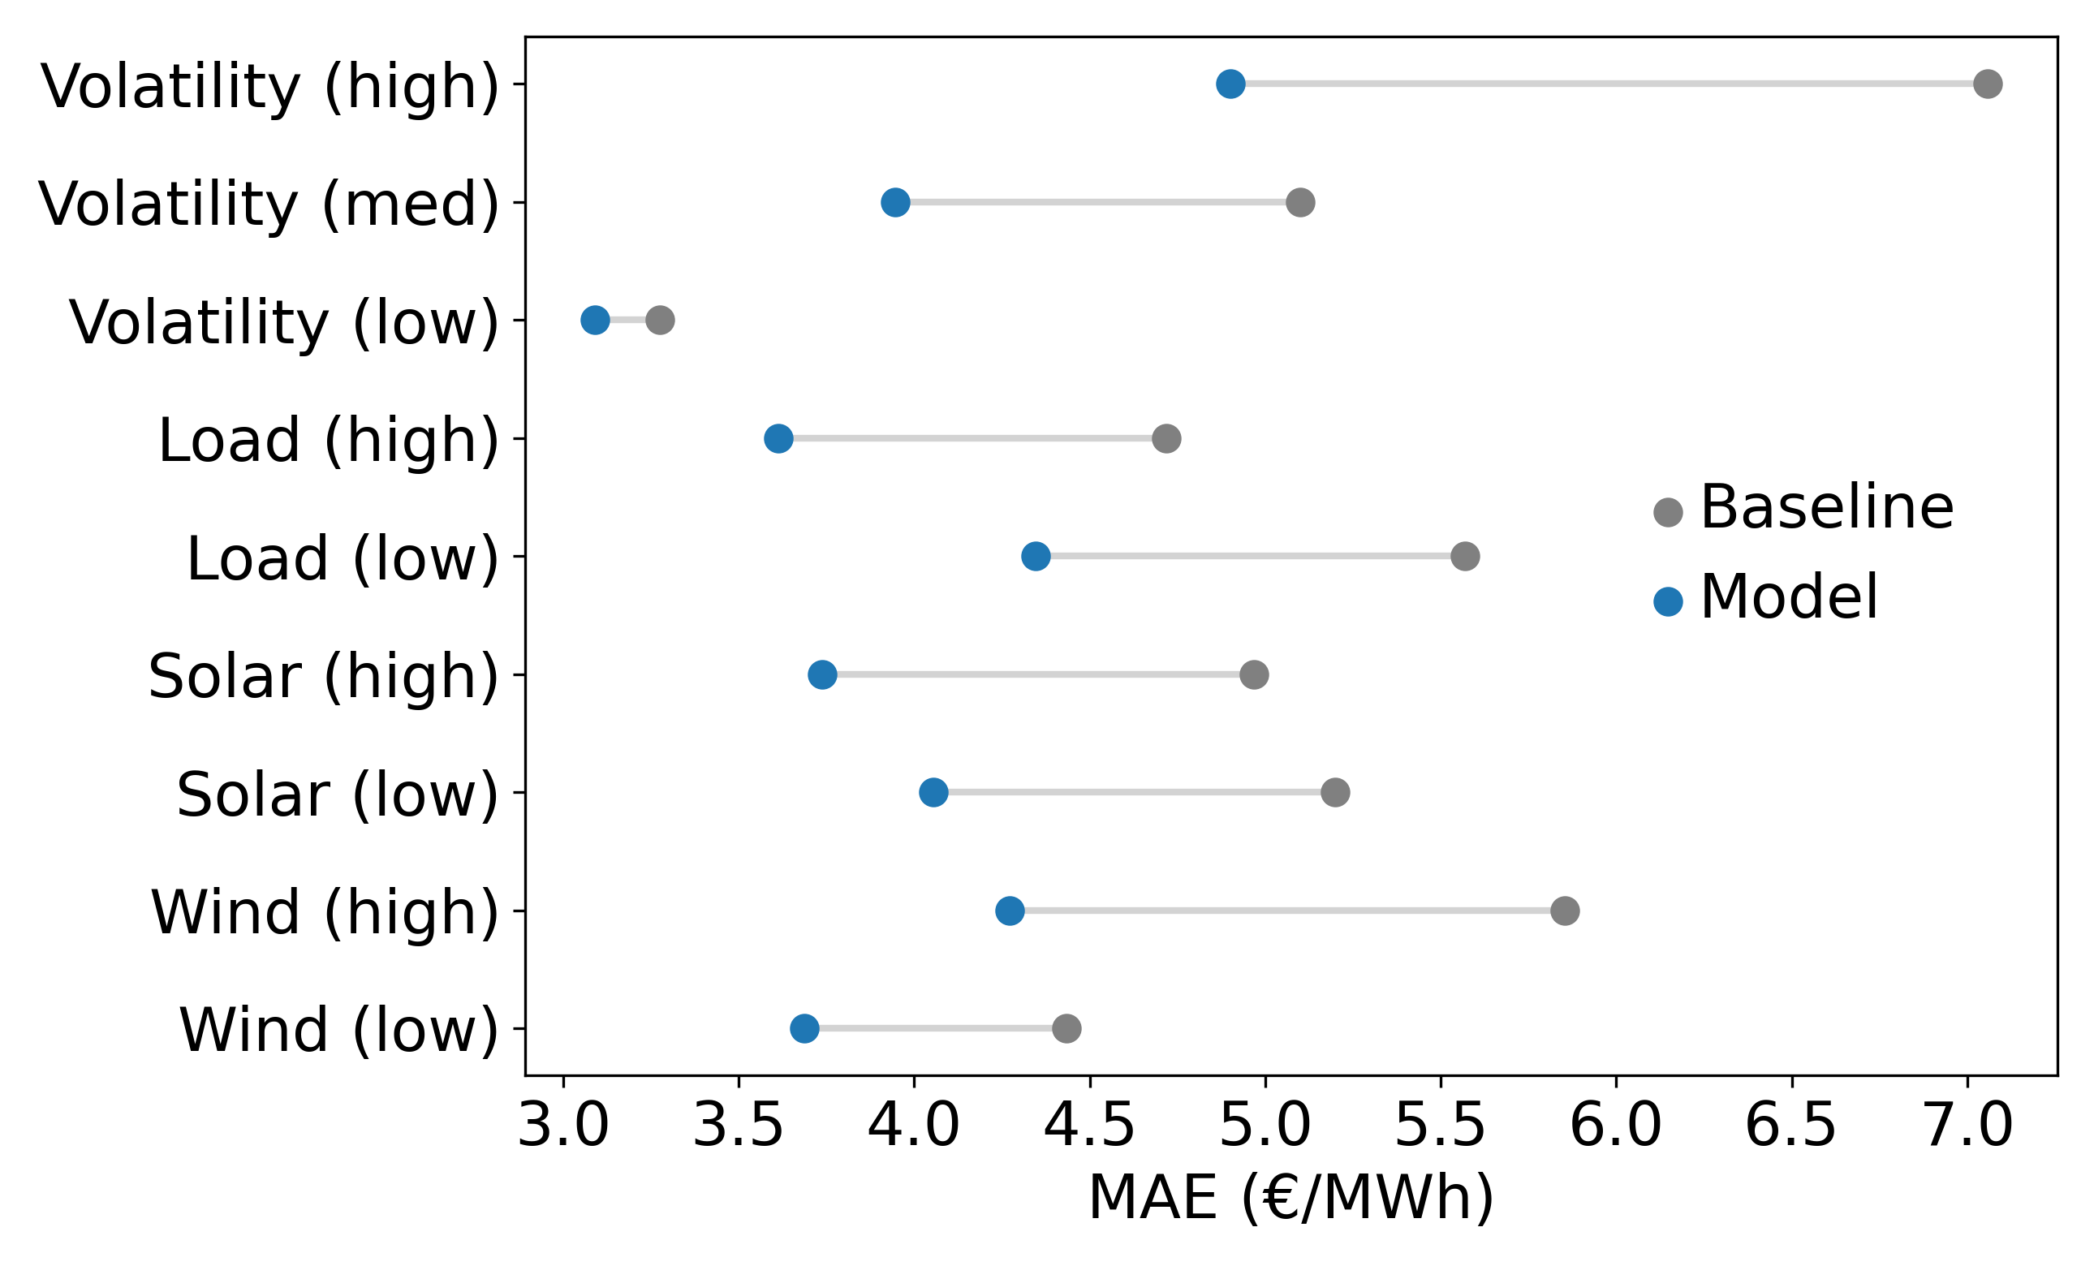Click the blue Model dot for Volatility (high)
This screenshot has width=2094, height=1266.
pos(1230,84)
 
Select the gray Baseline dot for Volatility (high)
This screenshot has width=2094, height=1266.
pos(1988,84)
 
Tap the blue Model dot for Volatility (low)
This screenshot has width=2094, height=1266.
pos(595,321)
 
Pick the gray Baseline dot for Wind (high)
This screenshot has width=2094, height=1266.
pos(1566,911)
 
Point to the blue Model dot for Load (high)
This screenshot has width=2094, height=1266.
pos(778,438)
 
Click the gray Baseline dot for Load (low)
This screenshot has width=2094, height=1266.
pos(1465,557)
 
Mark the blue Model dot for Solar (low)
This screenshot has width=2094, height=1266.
pos(933,793)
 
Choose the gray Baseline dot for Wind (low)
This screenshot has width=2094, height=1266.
pos(1066,1029)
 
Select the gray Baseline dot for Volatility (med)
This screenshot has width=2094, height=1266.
pos(1300,202)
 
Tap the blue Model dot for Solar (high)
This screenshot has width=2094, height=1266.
pos(822,674)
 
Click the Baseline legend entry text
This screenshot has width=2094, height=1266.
pos(1826,508)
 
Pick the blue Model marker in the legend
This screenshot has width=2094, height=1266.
pos(1668,601)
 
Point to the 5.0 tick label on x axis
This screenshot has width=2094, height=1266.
pos(1265,1126)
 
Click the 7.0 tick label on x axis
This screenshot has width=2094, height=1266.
pos(1967,1126)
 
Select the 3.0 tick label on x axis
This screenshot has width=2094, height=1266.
pos(563,1126)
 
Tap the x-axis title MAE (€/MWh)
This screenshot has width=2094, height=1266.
pos(1291,1198)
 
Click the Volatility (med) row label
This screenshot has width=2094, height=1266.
pos(269,204)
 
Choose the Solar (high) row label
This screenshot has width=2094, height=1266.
pos(323,676)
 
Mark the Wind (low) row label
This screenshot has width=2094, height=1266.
pos(338,1031)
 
